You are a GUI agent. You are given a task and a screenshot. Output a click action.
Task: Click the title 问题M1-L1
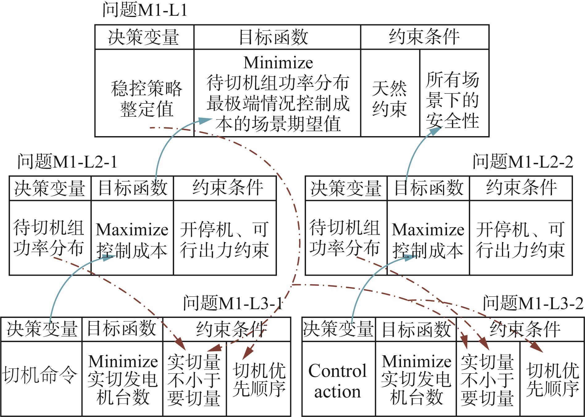(145, 10)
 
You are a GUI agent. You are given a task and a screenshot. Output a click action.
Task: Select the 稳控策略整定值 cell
(144, 93)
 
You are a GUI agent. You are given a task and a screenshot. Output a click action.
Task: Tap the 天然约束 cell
(390, 93)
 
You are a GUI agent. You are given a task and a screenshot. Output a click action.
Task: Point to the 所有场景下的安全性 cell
(454, 93)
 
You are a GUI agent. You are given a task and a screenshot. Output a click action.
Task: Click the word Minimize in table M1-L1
(278, 63)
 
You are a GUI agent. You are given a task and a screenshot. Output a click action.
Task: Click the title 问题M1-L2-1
(67, 161)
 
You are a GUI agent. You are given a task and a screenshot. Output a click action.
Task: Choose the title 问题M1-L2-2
(523, 161)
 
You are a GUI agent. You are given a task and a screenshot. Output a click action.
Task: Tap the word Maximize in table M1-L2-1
(132, 230)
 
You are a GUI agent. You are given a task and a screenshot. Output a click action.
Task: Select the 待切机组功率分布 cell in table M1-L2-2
(346, 238)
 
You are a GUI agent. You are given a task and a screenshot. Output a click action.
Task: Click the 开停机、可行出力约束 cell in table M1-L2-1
(225, 238)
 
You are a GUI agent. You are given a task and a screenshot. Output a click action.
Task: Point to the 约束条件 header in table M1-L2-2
(521, 188)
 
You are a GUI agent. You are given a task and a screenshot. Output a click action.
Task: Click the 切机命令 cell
(41, 379)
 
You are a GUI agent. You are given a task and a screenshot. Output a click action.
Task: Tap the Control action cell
(339, 379)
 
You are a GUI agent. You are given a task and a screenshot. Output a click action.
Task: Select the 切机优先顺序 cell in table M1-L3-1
(259, 379)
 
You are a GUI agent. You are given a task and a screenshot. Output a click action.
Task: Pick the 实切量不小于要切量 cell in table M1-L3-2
(488, 379)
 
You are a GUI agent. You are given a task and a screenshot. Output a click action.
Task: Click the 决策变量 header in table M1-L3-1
(41, 329)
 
